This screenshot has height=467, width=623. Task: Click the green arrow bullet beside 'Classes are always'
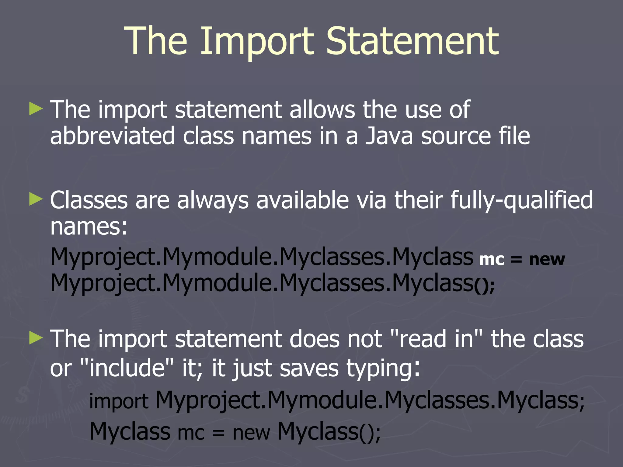36,199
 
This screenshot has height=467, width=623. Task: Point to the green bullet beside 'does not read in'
36,338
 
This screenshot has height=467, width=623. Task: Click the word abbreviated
112,136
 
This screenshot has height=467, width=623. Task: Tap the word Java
389,136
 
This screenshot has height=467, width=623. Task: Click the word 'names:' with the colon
89,227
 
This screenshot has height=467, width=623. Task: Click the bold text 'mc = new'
522,259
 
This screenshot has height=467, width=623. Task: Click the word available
302,200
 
